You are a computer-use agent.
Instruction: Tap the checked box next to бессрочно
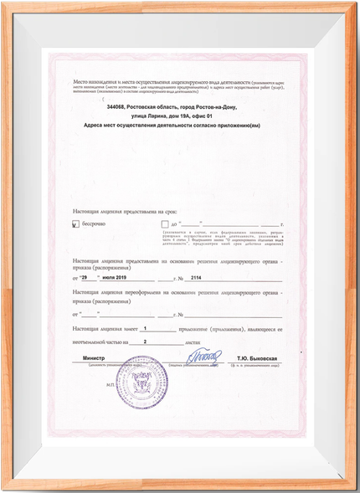pyautogui.click(x=75, y=224)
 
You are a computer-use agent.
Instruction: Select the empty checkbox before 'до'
pyautogui.click(x=164, y=224)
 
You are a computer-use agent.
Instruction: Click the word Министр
pyautogui.click(x=96, y=358)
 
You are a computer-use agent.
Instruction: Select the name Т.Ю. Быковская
pyautogui.click(x=256, y=358)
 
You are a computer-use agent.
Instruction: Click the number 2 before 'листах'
pyautogui.click(x=145, y=342)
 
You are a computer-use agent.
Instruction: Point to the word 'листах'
pyautogui.click(x=193, y=342)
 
